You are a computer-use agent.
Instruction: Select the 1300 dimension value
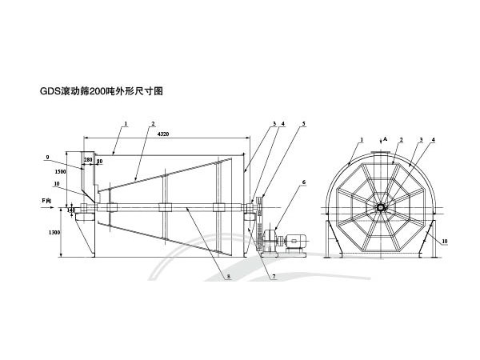54,232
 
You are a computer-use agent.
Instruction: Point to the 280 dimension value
87,161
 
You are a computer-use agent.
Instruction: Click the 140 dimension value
72,210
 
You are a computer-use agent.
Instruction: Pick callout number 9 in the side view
48,157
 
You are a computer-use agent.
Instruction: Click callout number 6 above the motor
304,182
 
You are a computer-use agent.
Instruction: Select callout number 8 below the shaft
228,277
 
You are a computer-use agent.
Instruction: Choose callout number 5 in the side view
304,124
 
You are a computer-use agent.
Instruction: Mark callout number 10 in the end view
445,240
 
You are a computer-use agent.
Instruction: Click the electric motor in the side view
293,238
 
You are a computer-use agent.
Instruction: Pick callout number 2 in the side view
151,124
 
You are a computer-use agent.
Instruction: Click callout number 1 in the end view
362,139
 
